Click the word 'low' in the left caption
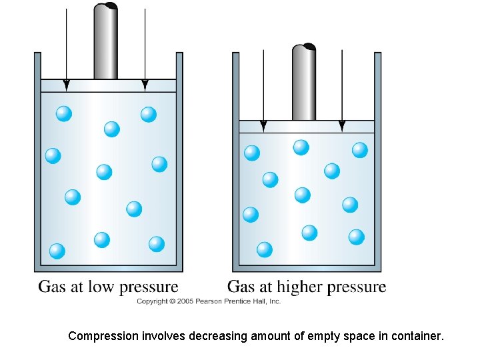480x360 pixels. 102,287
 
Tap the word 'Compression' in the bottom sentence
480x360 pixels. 103,337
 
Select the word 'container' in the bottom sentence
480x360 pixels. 416,337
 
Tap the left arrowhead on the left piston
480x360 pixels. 66,85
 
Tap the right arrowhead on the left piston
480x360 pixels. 145,85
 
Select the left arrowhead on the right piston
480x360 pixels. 263,126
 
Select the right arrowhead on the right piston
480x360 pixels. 342,126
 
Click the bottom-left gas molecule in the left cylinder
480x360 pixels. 57,251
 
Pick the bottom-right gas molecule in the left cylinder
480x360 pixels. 157,244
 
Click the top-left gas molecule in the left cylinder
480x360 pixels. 64,114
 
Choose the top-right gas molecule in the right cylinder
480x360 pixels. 360,150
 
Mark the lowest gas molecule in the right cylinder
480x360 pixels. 265,249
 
